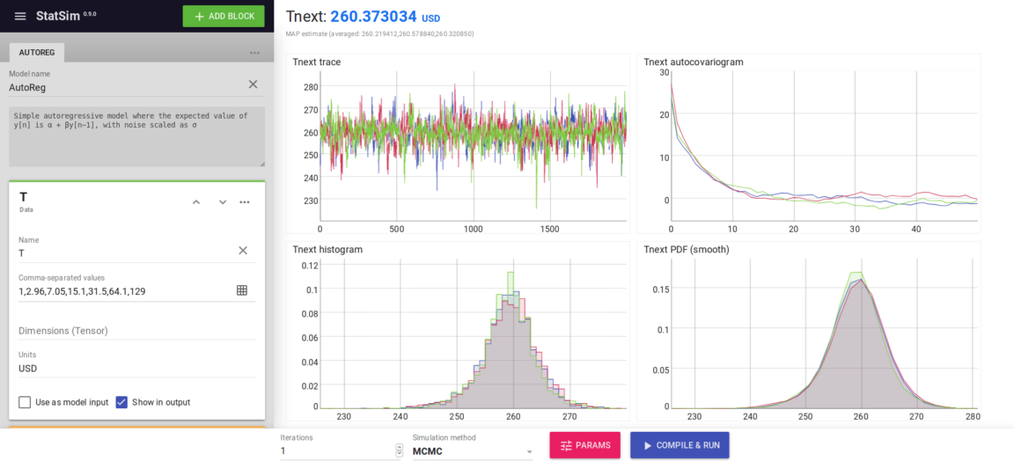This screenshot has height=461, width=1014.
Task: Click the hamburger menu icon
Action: [20, 16]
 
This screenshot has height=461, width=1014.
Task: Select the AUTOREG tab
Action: [37, 53]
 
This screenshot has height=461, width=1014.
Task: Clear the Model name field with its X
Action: [253, 84]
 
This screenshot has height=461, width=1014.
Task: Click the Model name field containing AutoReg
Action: [123, 87]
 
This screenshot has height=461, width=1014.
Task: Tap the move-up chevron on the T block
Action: [196, 202]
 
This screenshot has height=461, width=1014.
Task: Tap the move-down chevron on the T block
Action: [223, 202]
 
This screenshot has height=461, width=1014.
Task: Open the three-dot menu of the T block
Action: [245, 202]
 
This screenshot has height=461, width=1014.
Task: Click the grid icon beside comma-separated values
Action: [242, 290]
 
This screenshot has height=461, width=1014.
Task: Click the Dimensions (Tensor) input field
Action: [132, 331]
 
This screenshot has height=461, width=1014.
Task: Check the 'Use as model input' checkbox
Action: [25, 402]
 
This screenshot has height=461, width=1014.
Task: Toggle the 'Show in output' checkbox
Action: [121, 402]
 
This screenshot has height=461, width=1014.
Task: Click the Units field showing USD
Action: [132, 369]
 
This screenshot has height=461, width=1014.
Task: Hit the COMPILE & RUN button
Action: [680, 445]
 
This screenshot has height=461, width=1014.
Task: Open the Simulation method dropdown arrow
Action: [529, 452]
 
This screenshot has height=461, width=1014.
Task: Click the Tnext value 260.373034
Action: [373, 17]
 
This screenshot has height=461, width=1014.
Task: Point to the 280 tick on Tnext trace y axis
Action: [310, 87]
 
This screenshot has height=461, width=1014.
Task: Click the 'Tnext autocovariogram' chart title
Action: [693, 62]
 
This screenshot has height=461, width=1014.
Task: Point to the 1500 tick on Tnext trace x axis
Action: [549, 229]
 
